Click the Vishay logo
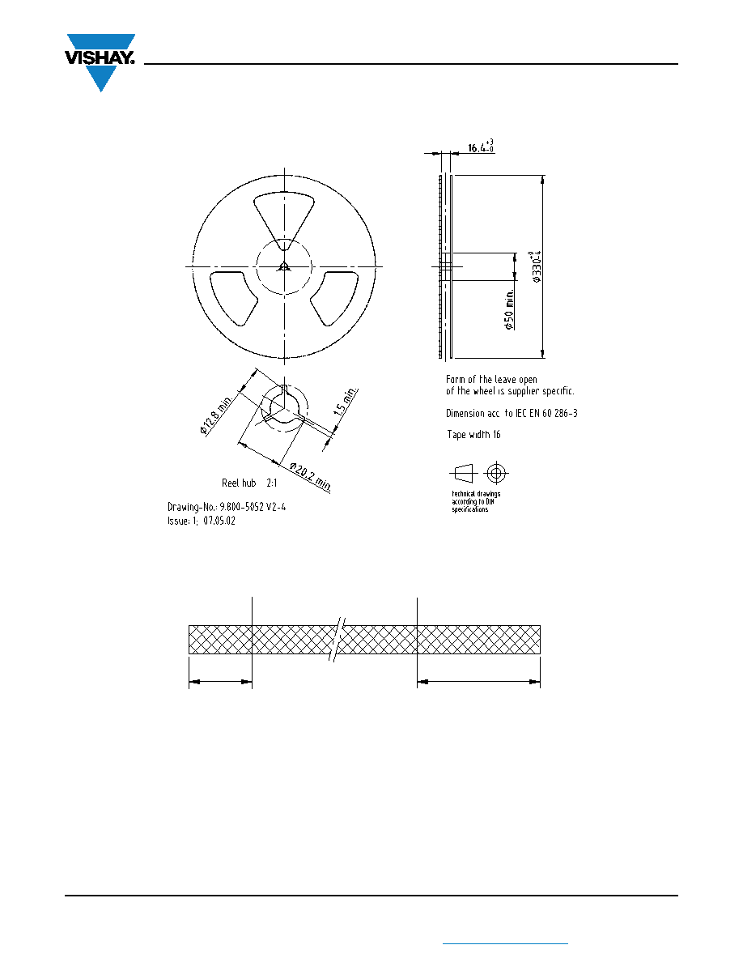[x=100, y=62]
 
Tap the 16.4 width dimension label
[x=482, y=147]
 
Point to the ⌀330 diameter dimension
[x=537, y=266]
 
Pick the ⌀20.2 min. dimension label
[x=311, y=477]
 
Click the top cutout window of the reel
[x=284, y=219]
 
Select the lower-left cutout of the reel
[x=234, y=298]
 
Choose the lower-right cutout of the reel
[x=335, y=298]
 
